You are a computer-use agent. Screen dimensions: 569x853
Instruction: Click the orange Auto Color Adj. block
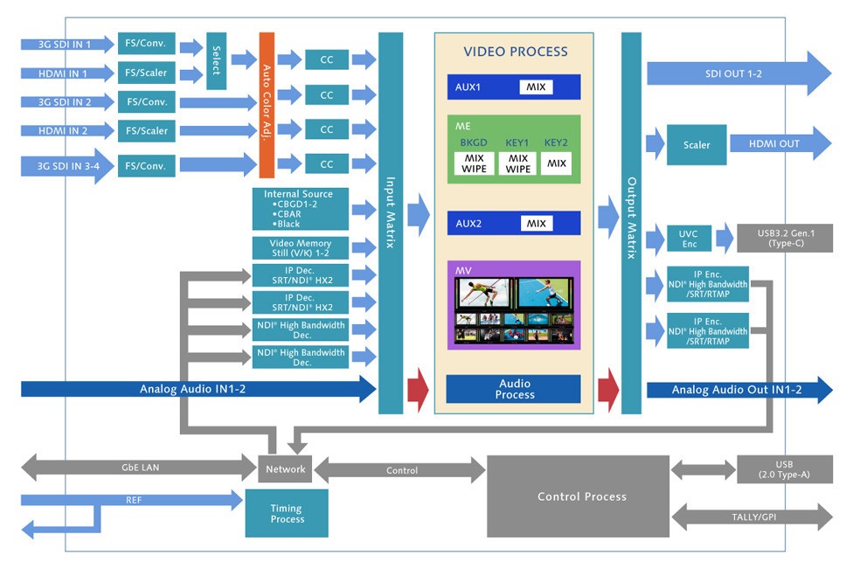click(x=267, y=105)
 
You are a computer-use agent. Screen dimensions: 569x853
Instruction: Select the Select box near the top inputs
click(x=216, y=60)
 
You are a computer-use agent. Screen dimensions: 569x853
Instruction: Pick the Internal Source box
click(x=298, y=208)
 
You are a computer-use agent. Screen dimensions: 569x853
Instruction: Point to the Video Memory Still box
click(x=298, y=247)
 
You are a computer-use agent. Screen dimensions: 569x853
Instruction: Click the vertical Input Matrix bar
click(x=391, y=223)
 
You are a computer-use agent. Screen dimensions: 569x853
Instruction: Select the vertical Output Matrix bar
click(x=631, y=223)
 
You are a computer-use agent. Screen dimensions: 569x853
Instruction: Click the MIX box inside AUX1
click(x=536, y=87)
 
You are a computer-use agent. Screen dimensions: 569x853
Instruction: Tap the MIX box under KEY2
click(x=556, y=163)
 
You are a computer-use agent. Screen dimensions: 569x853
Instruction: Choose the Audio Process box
click(x=514, y=389)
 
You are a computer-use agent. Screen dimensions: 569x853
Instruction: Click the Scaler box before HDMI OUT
click(x=697, y=145)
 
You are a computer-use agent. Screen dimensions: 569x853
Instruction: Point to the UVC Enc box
click(x=688, y=239)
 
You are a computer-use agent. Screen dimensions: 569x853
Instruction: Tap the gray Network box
click(x=286, y=469)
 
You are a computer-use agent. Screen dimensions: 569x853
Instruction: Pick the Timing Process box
click(x=287, y=513)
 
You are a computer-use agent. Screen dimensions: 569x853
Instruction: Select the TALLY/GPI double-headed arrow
click(x=752, y=517)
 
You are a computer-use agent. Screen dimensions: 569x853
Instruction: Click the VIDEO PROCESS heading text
click(x=515, y=52)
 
